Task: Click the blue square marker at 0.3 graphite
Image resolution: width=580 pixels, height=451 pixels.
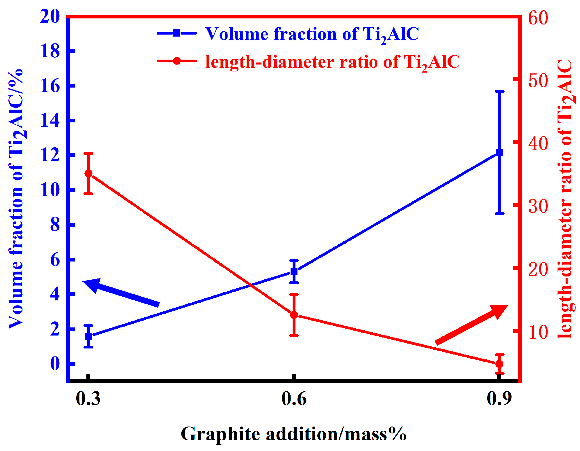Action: (88, 336)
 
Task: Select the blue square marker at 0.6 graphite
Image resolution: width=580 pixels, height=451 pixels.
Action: (294, 271)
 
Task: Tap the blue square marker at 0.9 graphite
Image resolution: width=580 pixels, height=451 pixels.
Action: (500, 152)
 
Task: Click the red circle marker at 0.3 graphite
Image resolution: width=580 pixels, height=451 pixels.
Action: (88, 173)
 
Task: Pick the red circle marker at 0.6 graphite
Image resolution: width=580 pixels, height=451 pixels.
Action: (294, 315)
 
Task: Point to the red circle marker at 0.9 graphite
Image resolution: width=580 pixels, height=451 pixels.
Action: (500, 364)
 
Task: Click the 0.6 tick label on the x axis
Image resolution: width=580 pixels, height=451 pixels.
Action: (294, 399)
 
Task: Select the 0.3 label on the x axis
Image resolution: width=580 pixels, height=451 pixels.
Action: (88, 399)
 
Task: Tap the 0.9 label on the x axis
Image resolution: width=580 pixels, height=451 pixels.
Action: (499, 399)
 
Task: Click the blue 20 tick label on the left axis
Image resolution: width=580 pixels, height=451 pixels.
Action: (50, 16)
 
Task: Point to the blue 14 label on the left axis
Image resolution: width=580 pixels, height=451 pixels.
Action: (50, 120)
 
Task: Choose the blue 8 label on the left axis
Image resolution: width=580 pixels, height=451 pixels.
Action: (55, 225)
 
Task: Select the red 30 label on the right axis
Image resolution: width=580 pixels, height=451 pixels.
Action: (538, 206)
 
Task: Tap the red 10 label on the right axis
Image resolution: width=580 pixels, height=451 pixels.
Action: (538, 332)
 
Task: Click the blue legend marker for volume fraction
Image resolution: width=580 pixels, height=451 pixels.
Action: (177, 33)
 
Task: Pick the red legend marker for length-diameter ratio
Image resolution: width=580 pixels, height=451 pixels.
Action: (177, 61)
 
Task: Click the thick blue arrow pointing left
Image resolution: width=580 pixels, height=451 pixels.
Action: (121, 292)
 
